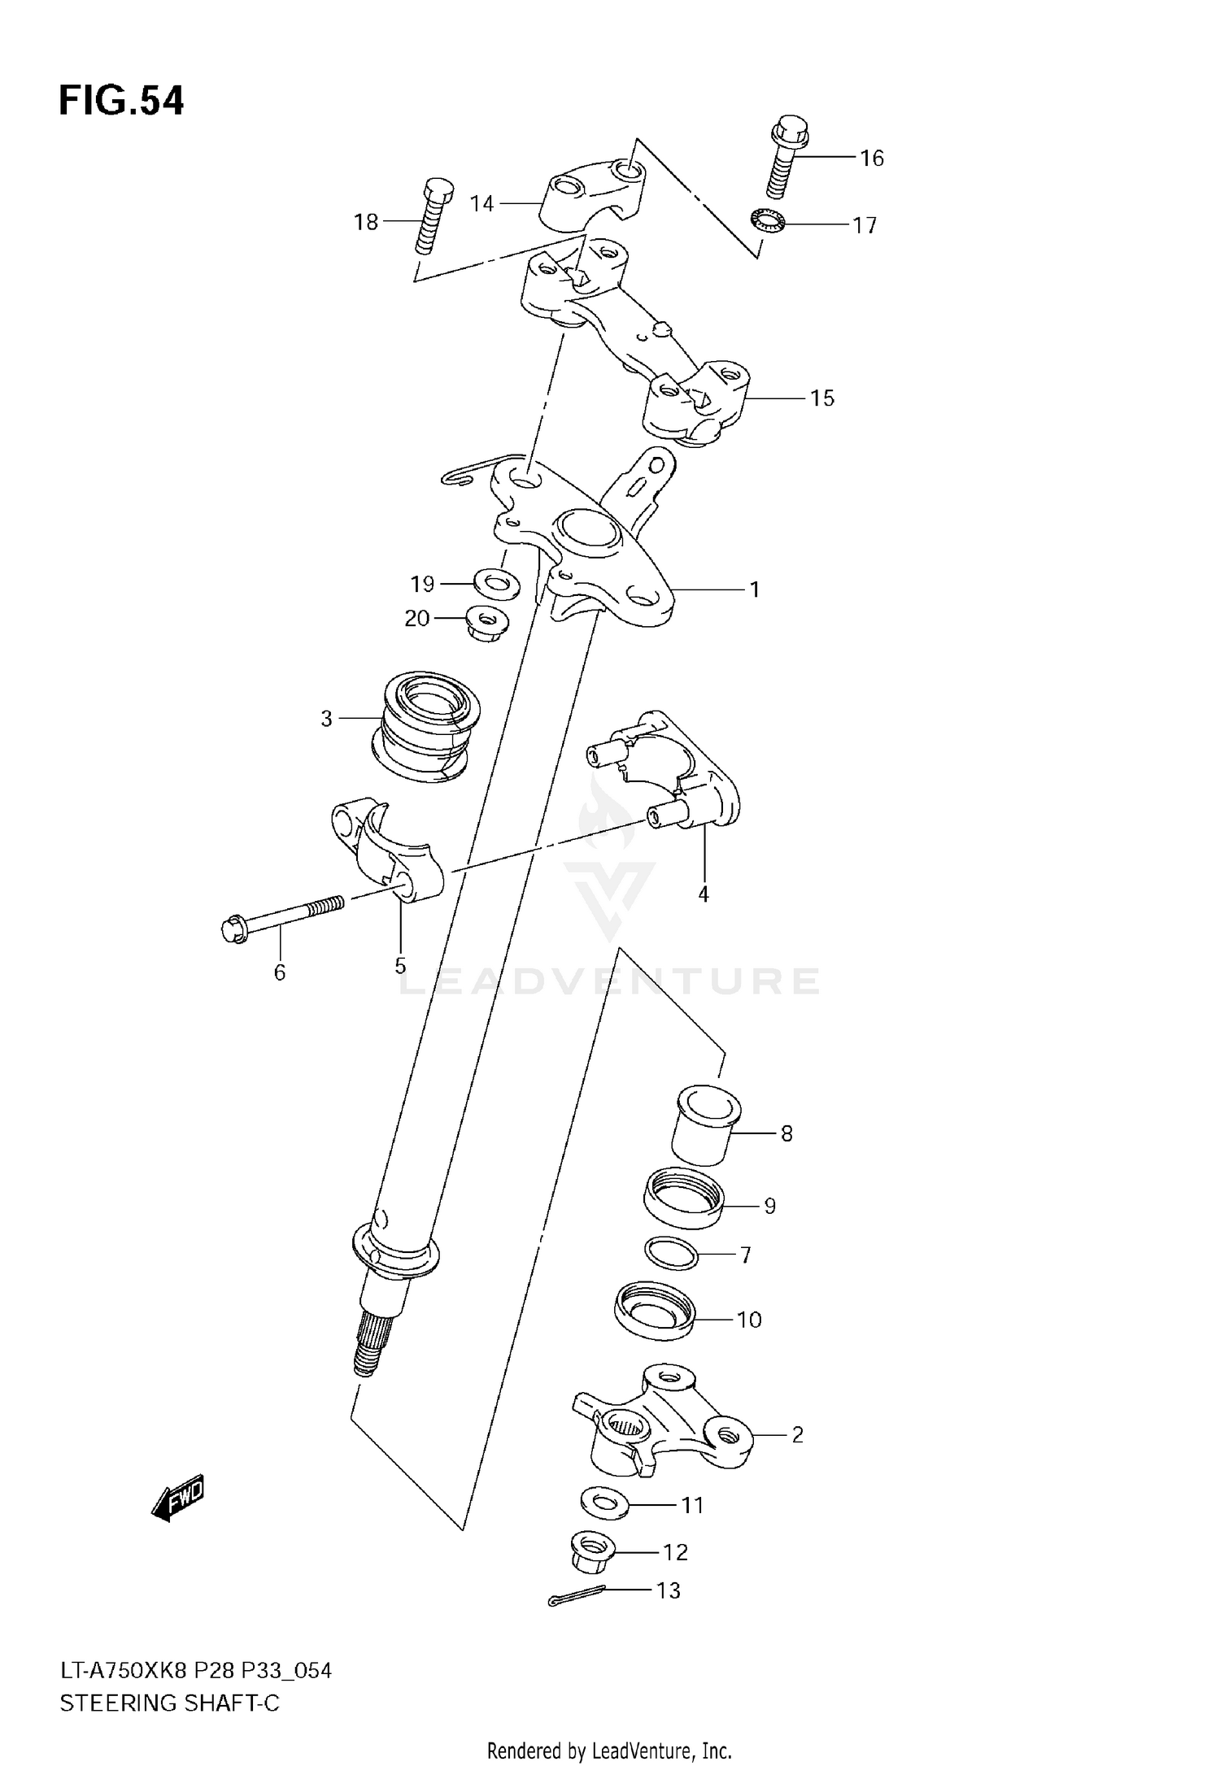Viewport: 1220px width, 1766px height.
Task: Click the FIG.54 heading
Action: tap(121, 102)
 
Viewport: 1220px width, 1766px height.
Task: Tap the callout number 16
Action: tap(872, 158)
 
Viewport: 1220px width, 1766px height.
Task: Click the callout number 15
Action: tap(822, 398)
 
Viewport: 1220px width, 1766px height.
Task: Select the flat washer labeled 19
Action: tap(496, 583)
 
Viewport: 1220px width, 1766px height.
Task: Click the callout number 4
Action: tap(704, 894)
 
